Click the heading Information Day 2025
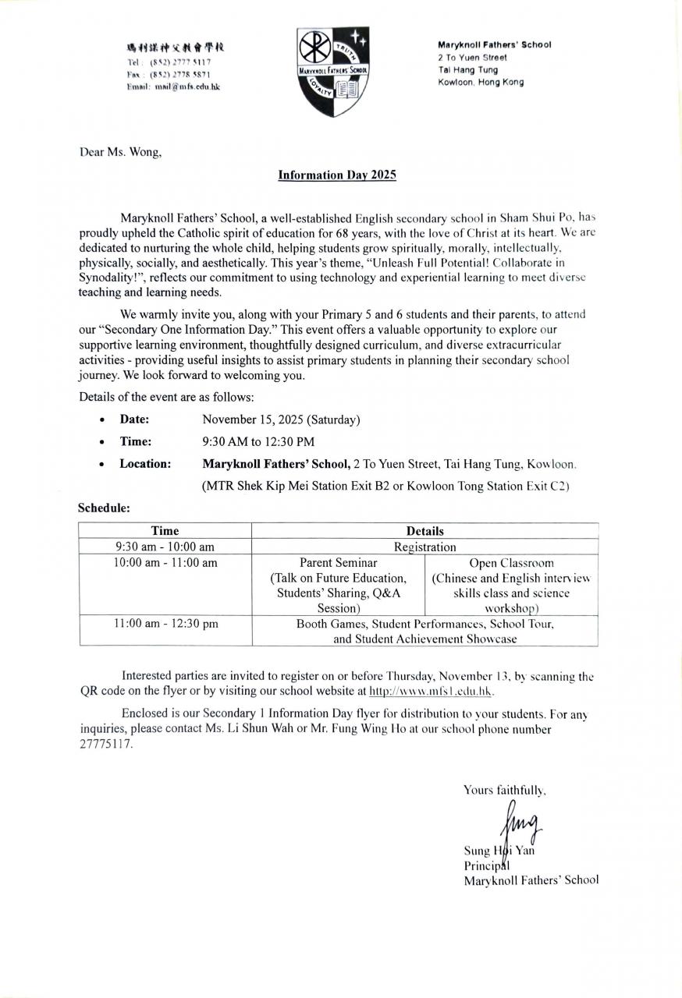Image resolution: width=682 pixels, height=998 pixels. (x=337, y=175)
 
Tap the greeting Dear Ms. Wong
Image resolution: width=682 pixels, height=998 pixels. (x=120, y=152)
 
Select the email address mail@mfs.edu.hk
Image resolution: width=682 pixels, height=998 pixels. (x=187, y=87)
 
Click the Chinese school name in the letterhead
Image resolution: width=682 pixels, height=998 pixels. (x=176, y=48)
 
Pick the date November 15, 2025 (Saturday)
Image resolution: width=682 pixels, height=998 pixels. (x=281, y=419)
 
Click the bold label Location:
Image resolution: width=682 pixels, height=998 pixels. (x=145, y=464)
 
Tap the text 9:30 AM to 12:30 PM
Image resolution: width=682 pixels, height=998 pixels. (x=258, y=441)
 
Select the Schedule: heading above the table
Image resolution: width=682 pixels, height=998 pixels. (x=104, y=508)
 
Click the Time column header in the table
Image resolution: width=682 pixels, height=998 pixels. (x=165, y=531)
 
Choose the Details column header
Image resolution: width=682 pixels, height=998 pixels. (x=424, y=531)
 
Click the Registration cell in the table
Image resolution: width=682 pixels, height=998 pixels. (x=424, y=547)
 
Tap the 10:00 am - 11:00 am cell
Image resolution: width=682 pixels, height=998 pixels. (x=165, y=563)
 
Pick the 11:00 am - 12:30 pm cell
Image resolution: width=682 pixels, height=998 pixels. (x=165, y=624)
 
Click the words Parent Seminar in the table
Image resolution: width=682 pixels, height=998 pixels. (x=338, y=563)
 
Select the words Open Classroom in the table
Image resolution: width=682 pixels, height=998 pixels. (x=511, y=563)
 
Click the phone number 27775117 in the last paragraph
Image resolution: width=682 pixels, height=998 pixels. (x=106, y=745)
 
